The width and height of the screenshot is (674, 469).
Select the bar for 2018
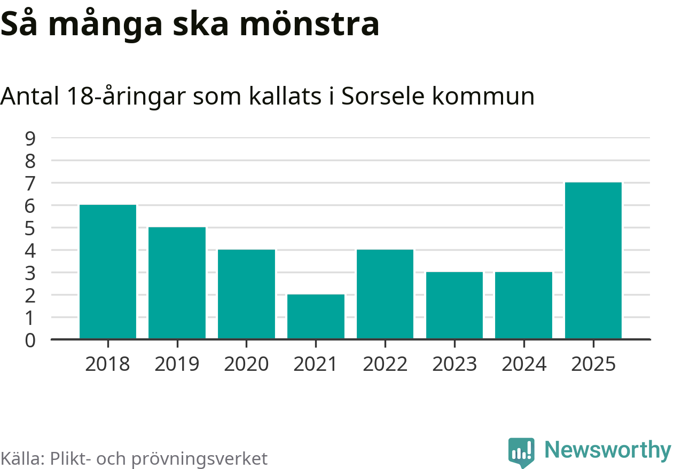pos(108,272)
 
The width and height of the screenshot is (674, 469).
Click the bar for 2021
pos(316,316)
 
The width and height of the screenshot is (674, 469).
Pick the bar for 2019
pos(177,283)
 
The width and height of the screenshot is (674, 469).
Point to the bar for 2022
pos(385,294)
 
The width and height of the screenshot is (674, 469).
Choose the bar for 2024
pos(523,305)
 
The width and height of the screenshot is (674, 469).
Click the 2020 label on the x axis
pos(246,364)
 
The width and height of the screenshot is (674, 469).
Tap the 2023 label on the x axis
pos(454,364)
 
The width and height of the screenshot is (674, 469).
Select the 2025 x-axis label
pos(593,364)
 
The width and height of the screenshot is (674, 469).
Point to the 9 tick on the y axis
pos(30,138)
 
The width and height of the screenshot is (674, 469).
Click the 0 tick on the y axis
pos(30,340)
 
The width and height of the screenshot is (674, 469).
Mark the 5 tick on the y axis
pos(30,228)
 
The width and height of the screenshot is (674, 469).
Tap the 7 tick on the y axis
pos(30,183)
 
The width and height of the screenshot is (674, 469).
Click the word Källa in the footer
pos(22,458)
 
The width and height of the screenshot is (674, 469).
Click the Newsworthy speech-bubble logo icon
pos(521,452)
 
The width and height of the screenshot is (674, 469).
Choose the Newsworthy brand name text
pos(608,450)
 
